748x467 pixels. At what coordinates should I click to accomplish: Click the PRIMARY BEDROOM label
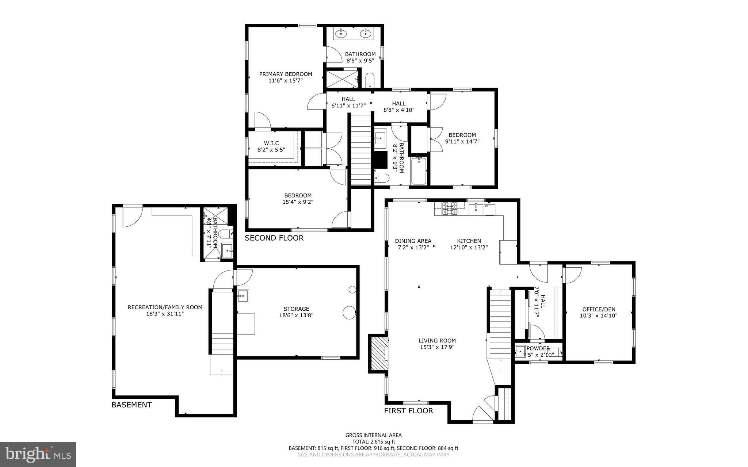point(286,74)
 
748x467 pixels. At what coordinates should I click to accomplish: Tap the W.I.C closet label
point(271,143)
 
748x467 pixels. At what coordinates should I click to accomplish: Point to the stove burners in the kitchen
point(450,208)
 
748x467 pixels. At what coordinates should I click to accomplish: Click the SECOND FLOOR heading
point(274,238)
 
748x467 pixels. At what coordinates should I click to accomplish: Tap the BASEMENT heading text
point(131,405)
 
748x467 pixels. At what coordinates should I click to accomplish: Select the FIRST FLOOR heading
point(408,411)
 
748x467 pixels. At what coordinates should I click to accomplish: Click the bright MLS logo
point(38,454)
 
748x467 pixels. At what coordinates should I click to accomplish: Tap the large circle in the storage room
point(349,313)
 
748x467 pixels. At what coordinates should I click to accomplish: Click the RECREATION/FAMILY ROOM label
point(165,307)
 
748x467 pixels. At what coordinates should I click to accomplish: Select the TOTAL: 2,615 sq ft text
point(373,441)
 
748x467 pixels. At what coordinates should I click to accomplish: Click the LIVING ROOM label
point(437,341)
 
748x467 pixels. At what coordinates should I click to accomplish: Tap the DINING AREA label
point(413,241)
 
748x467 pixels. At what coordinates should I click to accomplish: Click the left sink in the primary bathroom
point(341,34)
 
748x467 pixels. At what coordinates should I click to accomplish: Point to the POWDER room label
point(538,348)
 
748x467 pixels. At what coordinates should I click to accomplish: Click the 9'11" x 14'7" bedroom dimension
point(462,141)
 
